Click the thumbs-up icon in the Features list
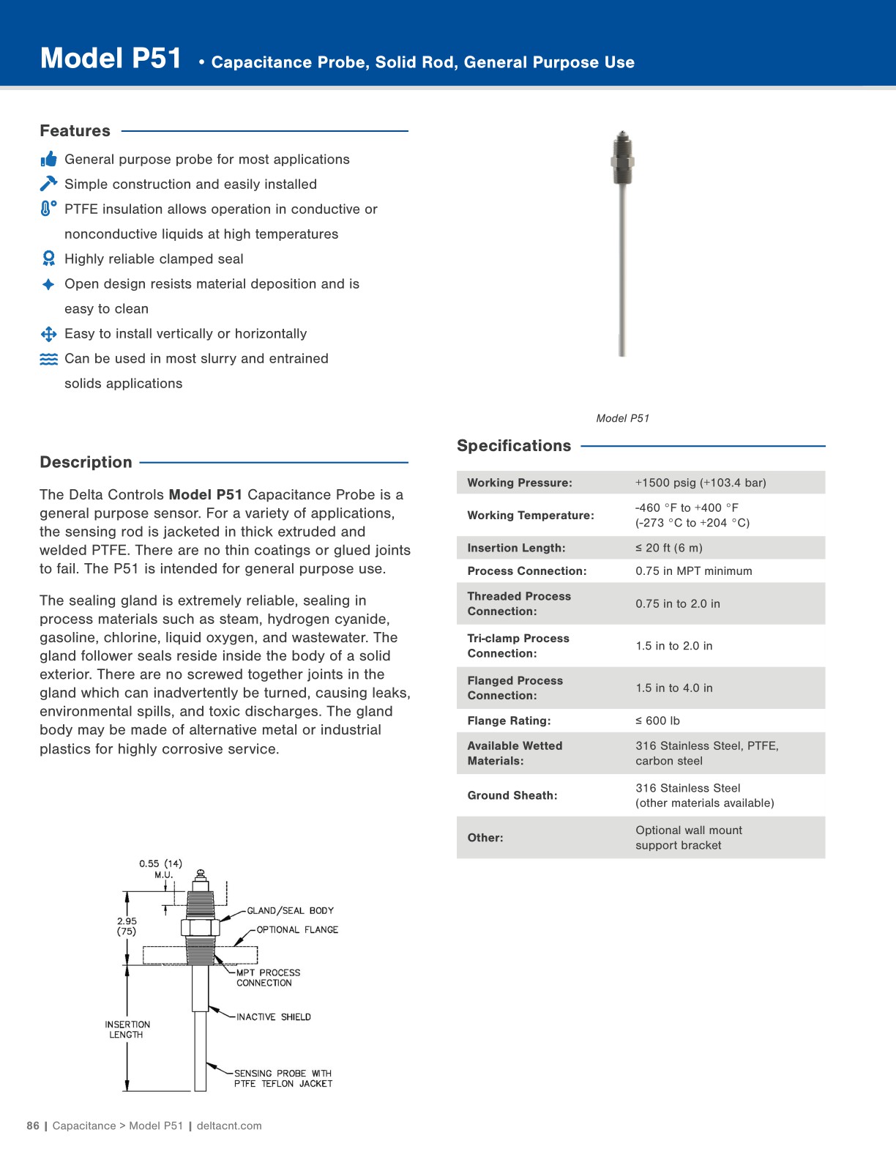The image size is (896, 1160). (x=48, y=159)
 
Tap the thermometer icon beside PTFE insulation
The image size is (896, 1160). (x=48, y=209)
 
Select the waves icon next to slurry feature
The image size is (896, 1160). (x=48, y=359)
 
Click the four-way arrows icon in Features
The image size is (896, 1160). (x=48, y=334)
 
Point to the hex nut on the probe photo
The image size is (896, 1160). (x=622, y=161)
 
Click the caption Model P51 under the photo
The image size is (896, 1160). (x=622, y=418)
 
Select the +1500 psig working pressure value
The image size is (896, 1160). (x=700, y=483)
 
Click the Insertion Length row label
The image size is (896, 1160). (x=516, y=548)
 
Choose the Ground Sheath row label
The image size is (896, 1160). (x=512, y=795)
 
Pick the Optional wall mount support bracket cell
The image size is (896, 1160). (x=688, y=837)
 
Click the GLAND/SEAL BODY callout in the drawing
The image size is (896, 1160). (x=290, y=910)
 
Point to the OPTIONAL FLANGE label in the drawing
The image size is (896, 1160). (x=297, y=929)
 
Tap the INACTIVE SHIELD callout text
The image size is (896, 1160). (x=273, y=1016)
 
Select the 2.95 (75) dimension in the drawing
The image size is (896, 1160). (x=127, y=926)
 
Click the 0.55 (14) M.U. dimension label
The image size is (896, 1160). (x=161, y=869)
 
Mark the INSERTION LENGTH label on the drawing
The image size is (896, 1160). (x=127, y=1030)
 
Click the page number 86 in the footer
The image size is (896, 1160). (x=33, y=1126)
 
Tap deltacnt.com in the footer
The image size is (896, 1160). (x=228, y=1126)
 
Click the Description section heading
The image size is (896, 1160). (x=86, y=462)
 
